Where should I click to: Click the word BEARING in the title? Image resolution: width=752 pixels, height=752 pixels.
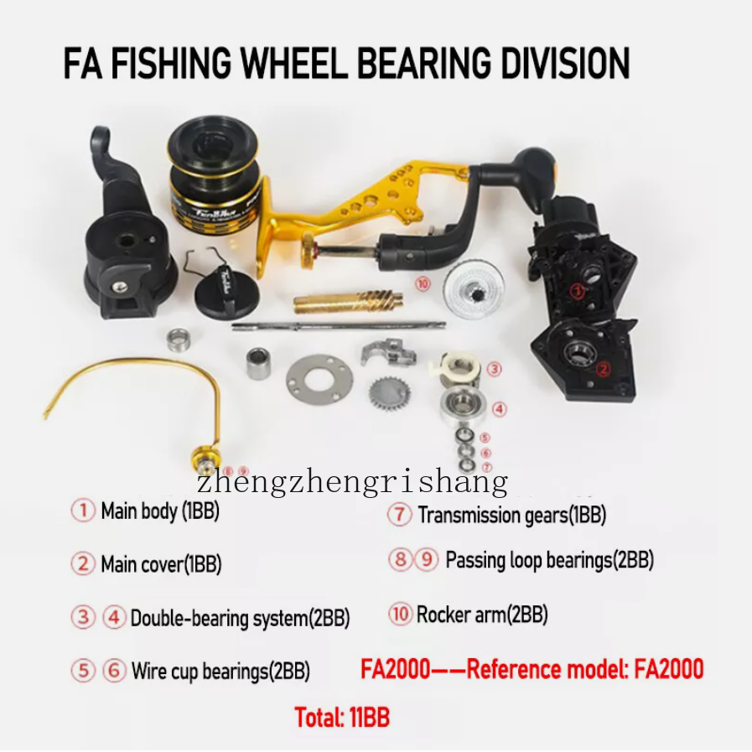[424, 62]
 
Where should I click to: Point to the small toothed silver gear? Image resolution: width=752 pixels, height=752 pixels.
[389, 394]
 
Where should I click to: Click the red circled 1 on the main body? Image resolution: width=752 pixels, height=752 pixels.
[578, 291]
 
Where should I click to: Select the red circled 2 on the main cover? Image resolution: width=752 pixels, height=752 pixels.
[604, 369]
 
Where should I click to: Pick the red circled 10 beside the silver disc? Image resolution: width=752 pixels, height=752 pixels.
[423, 284]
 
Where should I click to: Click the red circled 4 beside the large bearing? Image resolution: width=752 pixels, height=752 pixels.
[500, 409]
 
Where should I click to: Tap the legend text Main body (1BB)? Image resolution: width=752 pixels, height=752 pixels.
[160, 511]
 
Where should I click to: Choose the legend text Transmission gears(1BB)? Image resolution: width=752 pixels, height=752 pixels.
[512, 515]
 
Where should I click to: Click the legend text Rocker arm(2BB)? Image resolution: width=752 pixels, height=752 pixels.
[482, 615]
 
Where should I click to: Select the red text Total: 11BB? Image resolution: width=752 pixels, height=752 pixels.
[342, 718]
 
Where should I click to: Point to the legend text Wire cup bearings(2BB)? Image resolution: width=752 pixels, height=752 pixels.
[220, 671]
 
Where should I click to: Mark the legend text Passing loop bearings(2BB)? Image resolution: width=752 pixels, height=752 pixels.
[550, 560]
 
